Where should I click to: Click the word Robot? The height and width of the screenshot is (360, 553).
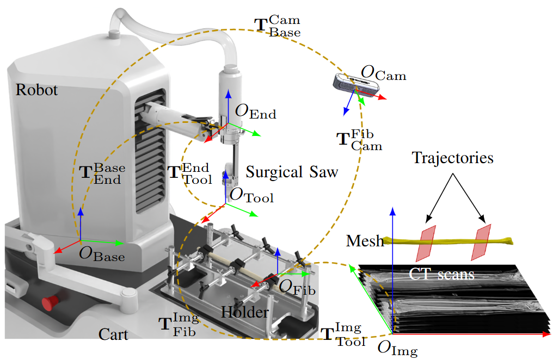coord(36,90)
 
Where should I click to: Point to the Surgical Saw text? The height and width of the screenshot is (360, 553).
coord(292,172)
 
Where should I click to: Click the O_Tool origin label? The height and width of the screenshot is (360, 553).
coord(251,195)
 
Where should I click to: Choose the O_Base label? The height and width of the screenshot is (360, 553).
coord(102,253)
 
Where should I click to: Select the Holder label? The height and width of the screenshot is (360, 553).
coord(245,313)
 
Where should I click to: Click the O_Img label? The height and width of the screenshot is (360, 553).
coord(397,347)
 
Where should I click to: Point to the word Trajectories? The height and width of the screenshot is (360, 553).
coord(452,158)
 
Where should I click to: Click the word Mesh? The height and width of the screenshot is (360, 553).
coord(365,240)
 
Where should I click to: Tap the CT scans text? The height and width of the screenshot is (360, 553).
coord(441,274)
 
